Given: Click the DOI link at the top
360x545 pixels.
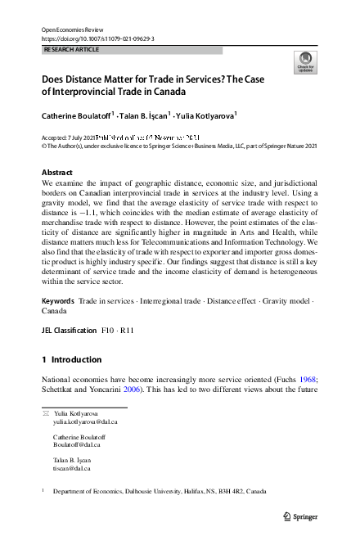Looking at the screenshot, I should (97, 38).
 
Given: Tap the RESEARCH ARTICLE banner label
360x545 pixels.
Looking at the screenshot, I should (71, 50).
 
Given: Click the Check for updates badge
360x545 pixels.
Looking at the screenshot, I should (304, 61).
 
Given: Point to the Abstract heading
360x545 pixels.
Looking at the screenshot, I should (59, 173).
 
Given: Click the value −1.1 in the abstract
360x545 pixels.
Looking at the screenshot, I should (109, 214).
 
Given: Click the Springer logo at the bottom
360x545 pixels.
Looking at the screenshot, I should (300, 516).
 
